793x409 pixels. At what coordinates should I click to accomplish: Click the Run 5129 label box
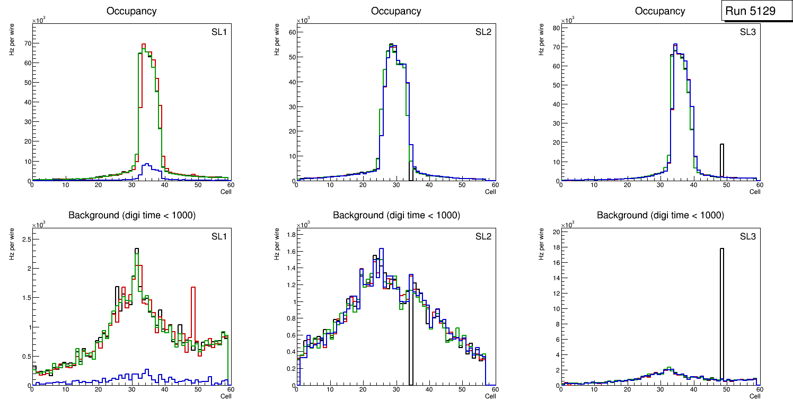click(754, 11)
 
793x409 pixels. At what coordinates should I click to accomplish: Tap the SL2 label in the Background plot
click(483, 236)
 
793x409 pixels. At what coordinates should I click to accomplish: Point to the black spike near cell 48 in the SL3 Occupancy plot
click(722, 159)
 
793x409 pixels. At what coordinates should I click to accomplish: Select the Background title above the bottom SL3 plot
click(660, 215)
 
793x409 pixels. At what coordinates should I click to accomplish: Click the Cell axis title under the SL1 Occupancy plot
click(226, 191)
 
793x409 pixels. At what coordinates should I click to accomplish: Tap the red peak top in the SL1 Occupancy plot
click(144, 45)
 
